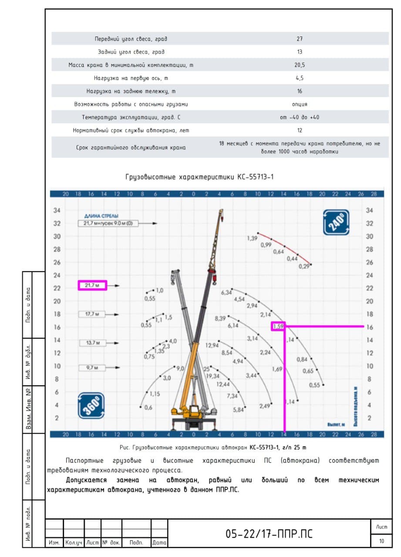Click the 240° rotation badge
coord(336,222)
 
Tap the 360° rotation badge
coord(91,406)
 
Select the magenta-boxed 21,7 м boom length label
coord(92,285)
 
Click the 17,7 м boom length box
coord(92,314)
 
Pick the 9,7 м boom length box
coord(92,368)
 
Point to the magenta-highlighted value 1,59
coord(278,326)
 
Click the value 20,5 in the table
coord(300,65)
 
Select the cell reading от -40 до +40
coord(300,117)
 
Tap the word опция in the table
coord(300,104)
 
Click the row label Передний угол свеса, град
coord(131,39)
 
